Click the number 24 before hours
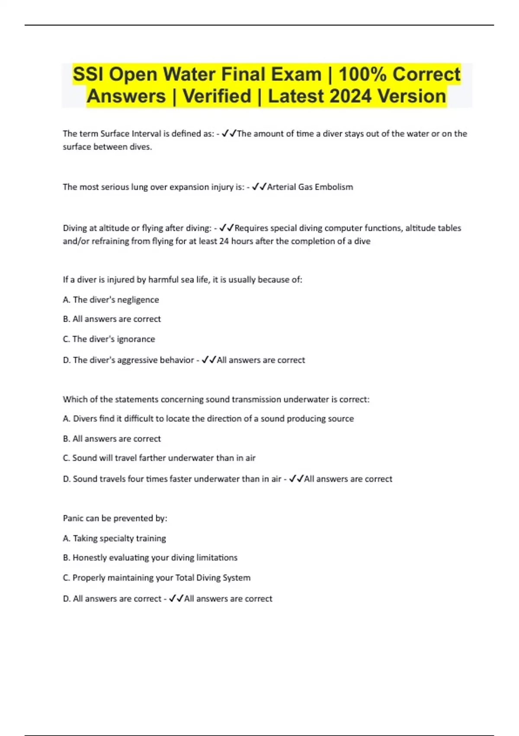click(x=224, y=241)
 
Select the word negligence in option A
click(x=138, y=300)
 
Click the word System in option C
click(x=237, y=578)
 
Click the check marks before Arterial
click(x=259, y=187)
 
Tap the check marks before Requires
click(x=227, y=228)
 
